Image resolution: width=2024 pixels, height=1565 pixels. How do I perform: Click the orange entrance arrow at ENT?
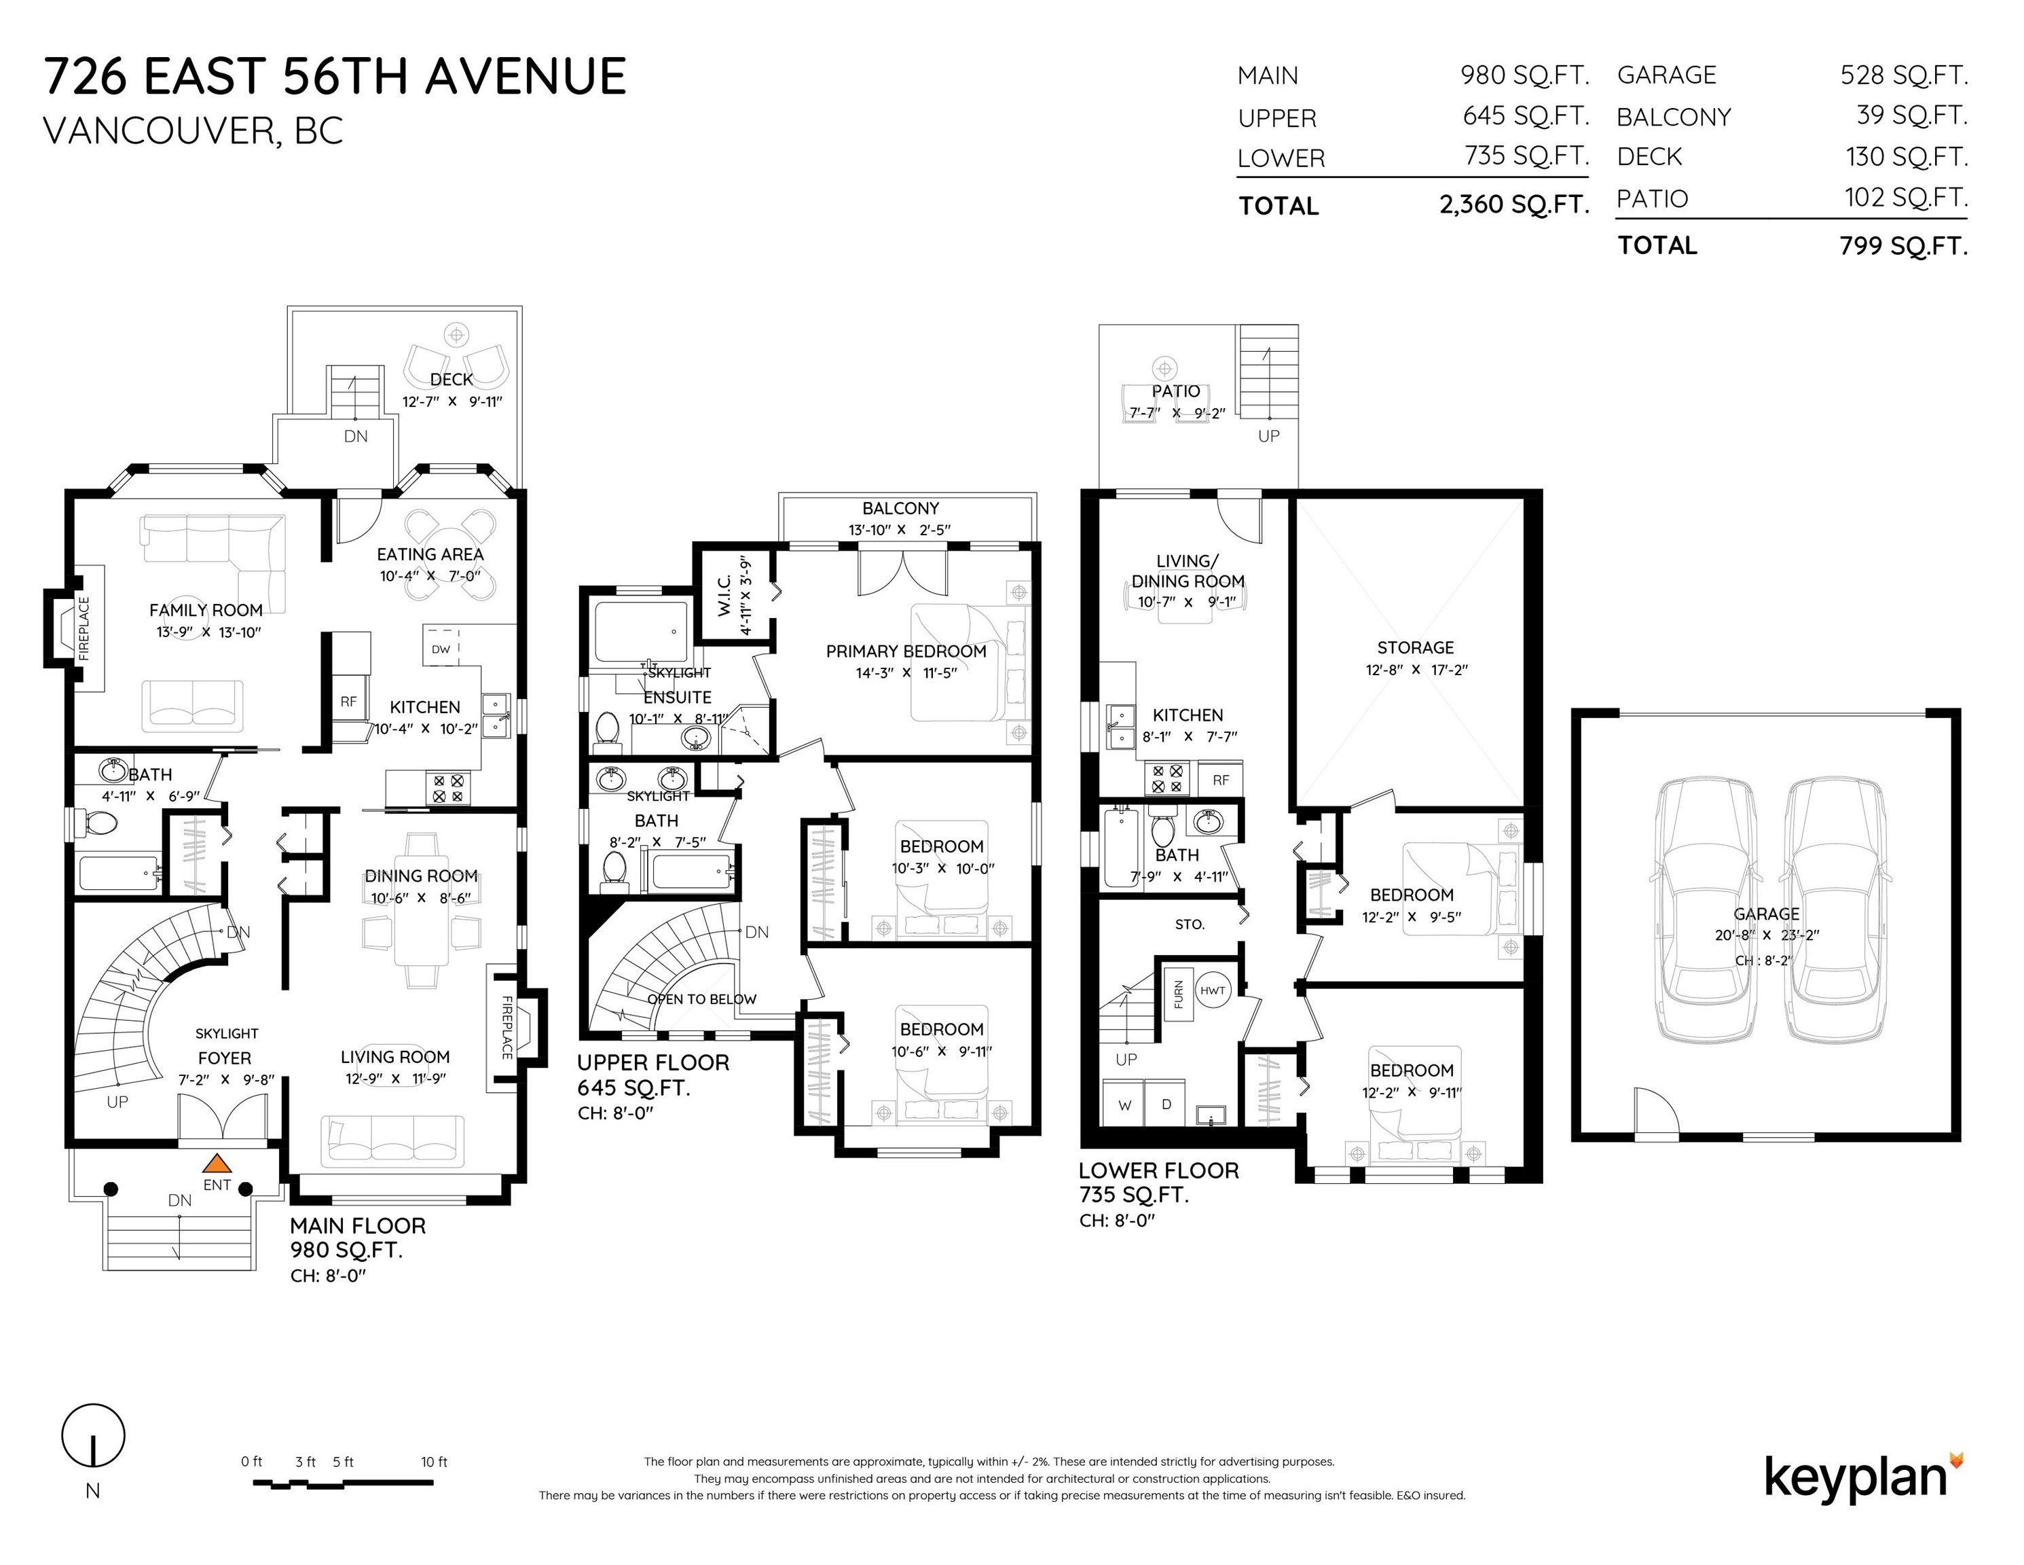(x=216, y=1163)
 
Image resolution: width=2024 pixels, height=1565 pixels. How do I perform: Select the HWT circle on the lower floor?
(x=1212, y=990)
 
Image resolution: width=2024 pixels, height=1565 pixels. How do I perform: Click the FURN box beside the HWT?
(x=1178, y=994)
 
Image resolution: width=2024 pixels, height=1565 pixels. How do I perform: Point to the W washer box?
(x=1124, y=1104)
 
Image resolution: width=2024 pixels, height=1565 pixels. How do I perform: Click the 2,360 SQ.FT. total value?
(x=1513, y=204)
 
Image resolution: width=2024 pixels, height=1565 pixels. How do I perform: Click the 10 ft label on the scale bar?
(x=434, y=1462)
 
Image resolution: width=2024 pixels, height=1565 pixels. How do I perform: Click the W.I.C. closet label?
(x=724, y=594)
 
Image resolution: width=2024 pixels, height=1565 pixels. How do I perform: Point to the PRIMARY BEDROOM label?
(x=906, y=651)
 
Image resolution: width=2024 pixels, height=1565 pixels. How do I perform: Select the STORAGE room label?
(x=1415, y=647)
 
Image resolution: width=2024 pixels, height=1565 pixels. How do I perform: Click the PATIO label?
(x=1175, y=391)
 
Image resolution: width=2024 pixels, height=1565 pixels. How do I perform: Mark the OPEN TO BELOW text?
(x=701, y=999)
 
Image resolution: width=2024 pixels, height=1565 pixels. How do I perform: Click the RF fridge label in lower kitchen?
(x=1221, y=780)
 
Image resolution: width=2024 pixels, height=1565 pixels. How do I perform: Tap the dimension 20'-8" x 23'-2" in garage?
(x=1767, y=935)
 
